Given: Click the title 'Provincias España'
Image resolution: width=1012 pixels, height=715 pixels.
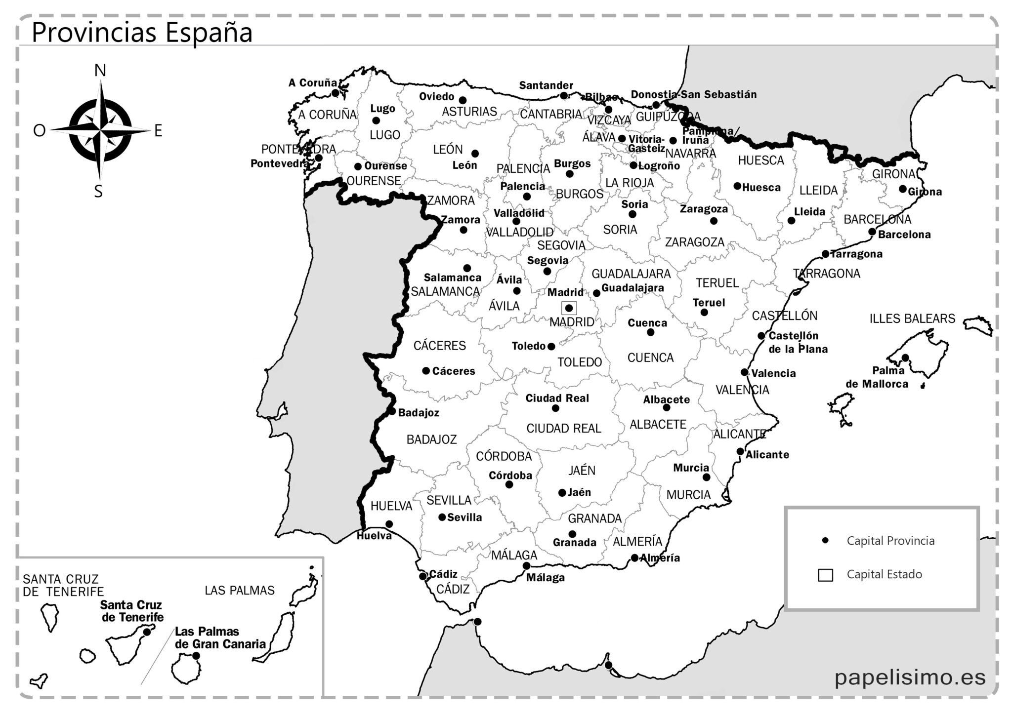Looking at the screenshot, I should (x=142, y=33).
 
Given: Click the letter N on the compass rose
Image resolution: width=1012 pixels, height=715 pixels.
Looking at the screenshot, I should (x=100, y=71).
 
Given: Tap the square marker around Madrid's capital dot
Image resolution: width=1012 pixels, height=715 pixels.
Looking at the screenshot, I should (x=569, y=308).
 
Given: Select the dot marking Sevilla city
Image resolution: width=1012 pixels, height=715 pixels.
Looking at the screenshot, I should (x=442, y=517).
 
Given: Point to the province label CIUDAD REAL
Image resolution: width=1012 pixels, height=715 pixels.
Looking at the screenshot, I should (x=563, y=428).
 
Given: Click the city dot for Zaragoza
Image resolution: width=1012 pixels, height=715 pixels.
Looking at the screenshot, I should (x=714, y=221).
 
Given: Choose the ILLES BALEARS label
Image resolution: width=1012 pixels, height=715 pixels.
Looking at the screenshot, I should (x=912, y=318).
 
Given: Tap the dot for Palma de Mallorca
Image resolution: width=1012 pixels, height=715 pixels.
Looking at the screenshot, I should (x=905, y=357).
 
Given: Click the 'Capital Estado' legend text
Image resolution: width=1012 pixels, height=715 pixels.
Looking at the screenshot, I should (x=884, y=574).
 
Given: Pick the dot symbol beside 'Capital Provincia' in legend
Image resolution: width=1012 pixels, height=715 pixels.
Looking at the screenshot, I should (x=825, y=541).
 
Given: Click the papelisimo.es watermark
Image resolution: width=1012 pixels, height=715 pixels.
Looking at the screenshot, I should (x=910, y=677).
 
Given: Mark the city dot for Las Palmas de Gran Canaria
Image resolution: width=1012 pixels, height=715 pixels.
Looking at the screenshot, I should (x=196, y=656).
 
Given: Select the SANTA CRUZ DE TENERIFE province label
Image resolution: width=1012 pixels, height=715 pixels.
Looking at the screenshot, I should (x=63, y=585).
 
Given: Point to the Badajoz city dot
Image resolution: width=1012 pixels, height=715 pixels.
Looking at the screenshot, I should (x=391, y=411).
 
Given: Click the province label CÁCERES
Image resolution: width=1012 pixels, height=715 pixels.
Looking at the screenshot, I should (x=439, y=346).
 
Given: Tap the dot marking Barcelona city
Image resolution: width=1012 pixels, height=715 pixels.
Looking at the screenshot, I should (x=872, y=232).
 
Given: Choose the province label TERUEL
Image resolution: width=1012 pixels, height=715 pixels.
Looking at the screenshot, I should (x=717, y=283).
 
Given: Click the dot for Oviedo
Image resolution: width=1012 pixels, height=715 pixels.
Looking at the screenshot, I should (x=463, y=100).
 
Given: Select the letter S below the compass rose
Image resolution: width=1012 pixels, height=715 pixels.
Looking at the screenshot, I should (x=98, y=192).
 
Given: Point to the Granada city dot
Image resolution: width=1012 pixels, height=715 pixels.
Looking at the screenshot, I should (x=572, y=534).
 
